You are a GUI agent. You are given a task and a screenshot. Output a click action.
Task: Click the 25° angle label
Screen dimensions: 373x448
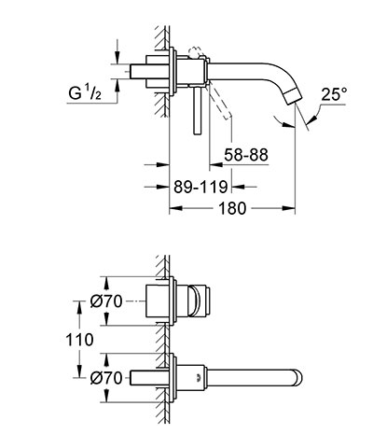334,94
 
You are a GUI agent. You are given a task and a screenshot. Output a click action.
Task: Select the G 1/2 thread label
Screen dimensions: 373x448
85,93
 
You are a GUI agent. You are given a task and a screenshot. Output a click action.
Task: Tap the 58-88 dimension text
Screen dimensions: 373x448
246,155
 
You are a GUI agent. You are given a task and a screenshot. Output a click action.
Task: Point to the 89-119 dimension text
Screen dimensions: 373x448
200,187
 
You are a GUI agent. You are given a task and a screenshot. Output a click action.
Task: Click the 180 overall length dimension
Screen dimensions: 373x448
232,208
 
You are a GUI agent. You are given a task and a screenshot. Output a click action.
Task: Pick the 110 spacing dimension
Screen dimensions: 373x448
79,340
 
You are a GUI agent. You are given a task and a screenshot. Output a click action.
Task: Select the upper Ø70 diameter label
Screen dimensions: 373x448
106,301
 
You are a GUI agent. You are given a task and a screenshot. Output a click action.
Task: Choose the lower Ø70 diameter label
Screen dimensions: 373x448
106,378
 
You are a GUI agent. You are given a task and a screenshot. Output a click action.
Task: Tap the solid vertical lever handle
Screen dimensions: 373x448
198,111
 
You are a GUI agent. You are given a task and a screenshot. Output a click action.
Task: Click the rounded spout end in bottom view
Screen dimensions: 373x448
297,378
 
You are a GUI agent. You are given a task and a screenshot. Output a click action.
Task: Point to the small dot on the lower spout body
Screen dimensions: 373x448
198,378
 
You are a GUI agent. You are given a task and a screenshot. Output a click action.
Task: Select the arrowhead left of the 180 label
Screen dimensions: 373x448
175,208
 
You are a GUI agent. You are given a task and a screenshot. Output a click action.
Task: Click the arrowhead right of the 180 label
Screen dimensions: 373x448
288,208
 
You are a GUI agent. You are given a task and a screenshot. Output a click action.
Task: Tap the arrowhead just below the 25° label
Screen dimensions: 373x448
314,119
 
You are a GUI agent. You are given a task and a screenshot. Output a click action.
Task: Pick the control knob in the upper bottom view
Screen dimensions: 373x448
200,301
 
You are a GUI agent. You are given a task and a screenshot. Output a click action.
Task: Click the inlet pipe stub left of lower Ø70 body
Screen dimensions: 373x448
143,378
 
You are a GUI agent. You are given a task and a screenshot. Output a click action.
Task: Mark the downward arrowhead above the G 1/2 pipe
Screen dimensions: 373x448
117,58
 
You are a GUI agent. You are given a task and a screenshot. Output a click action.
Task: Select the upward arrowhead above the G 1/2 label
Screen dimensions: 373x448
117,85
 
